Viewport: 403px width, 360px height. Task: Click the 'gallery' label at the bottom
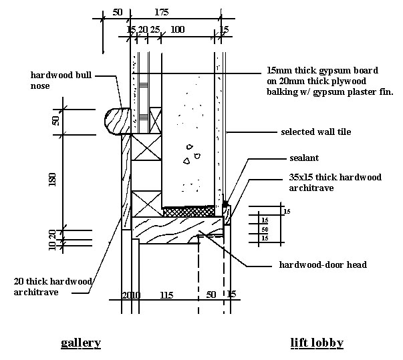click(x=81, y=343)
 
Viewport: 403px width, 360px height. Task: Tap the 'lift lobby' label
click(x=317, y=343)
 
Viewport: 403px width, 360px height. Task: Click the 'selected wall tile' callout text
click(x=315, y=132)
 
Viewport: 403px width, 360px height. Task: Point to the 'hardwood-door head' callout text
click(x=323, y=264)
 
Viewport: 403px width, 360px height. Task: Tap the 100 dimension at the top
click(x=178, y=29)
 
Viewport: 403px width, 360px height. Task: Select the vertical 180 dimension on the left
click(x=56, y=180)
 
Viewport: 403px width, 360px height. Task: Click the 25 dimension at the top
click(x=154, y=29)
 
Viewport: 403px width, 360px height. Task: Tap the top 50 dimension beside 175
click(x=118, y=12)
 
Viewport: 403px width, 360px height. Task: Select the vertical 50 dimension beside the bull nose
click(x=56, y=120)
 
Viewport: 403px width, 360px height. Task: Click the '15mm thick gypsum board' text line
click(x=323, y=70)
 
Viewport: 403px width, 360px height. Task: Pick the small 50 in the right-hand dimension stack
click(x=265, y=229)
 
